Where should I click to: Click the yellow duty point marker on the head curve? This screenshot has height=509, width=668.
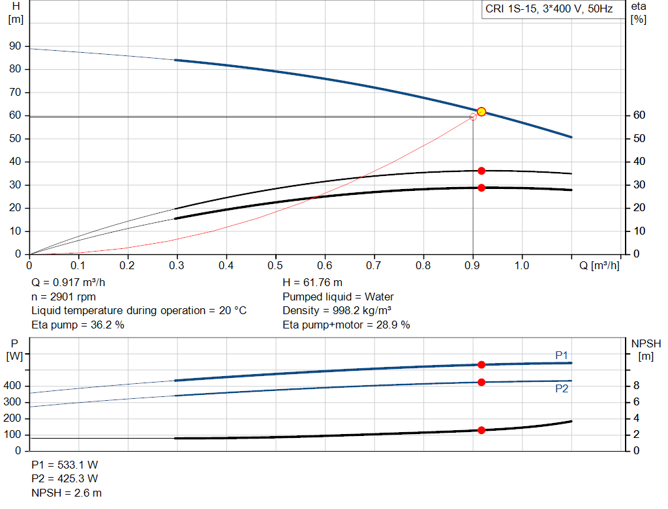(481, 111)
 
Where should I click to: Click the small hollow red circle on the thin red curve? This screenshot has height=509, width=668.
(473, 117)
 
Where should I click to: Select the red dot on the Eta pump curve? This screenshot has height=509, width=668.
(481, 171)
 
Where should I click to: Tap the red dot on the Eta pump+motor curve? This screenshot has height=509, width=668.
(481, 188)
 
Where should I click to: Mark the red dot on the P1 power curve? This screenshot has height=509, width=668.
(481, 365)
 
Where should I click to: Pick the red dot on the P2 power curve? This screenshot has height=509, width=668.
(481, 382)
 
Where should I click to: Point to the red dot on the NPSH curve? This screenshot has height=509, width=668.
(481, 430)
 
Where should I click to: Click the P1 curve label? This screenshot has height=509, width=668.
(561, 355)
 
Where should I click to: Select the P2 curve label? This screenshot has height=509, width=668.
(561, 388)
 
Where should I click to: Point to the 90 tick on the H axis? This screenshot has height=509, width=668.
(15, 46)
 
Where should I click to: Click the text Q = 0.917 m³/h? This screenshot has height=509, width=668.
(68, 283)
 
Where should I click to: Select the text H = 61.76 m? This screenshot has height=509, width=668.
(312, 283)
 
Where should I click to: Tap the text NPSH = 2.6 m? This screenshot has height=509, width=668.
(67, 493)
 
